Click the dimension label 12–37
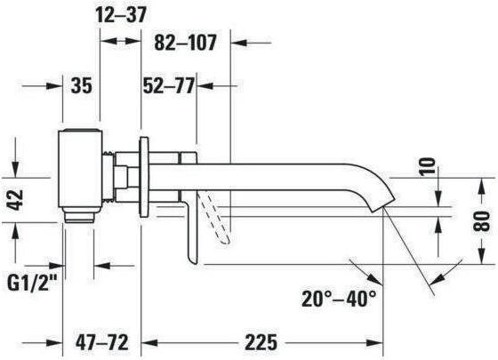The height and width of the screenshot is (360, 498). (x=121, y=14)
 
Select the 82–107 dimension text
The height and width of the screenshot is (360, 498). (x=185, y=43)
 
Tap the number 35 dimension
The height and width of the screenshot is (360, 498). (x=82, y=85)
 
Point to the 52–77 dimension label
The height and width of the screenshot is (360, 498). (x=168, y=85)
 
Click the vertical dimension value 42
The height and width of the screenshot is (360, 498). (x=15, y=200)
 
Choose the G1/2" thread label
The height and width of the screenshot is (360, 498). (x=32, y=282)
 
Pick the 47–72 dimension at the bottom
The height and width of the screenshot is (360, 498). (x=102, y=342)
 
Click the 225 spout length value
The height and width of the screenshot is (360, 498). (x=261, y=342)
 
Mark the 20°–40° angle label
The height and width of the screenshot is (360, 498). (x=339, y=298)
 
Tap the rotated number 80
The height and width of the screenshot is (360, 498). (x=481, y=221)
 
